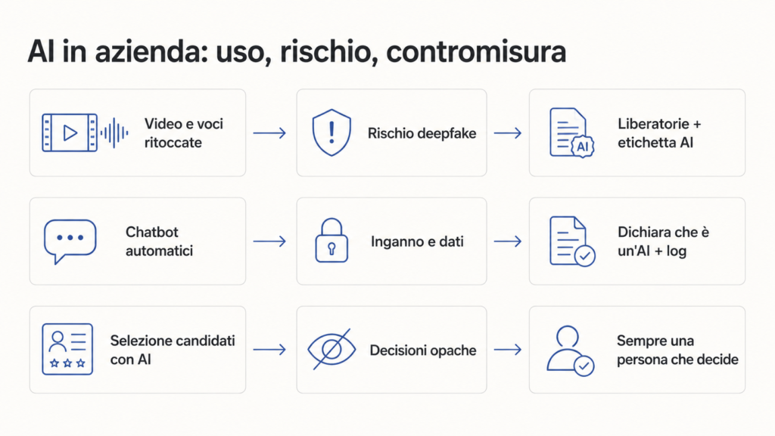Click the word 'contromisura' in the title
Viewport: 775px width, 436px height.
(475, 52)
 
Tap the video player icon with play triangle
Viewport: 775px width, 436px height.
(70, 132)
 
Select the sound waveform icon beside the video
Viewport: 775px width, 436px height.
(115, 132)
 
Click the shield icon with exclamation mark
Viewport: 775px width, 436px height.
(331, 132)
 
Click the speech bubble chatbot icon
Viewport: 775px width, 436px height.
(70, 241)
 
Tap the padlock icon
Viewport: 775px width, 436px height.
(331, 240)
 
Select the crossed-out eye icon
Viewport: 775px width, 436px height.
(331, 350)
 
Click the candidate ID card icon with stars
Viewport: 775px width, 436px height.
(67, 349)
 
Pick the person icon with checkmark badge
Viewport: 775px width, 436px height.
(571, 350)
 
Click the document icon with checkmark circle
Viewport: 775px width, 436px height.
(572, 241)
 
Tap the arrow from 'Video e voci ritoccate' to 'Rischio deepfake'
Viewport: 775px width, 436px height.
(269, 133)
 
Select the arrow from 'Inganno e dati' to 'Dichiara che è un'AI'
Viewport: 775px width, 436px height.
(508, 241)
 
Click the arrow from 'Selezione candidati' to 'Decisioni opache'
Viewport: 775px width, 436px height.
(269, 350)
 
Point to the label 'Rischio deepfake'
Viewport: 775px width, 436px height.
(422, 133)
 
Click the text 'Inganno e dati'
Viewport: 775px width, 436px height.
(417, 241)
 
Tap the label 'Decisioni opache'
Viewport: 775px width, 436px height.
(422, 350)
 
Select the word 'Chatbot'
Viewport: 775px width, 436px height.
(151, 232)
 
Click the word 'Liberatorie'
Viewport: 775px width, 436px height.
(653, 123)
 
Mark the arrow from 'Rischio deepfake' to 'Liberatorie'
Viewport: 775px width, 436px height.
(508, 133)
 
